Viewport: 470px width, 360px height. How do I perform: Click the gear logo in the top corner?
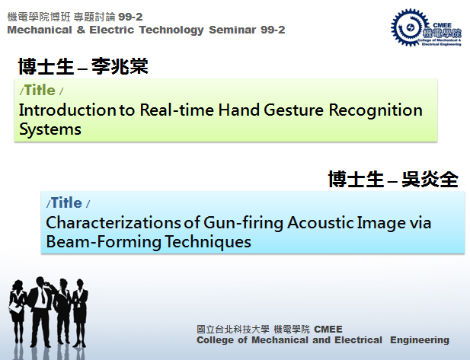[410, 27]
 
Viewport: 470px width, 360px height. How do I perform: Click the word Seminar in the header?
[232, 30]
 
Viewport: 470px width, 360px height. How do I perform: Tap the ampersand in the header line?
[81, 30]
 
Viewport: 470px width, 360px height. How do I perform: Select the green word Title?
[40, 90]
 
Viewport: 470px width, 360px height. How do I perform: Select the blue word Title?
[66, 202]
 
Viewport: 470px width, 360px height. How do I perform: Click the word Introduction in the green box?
[68, 110]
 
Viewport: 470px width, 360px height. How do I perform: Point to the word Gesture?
[294, 110]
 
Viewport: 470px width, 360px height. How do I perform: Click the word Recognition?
[376, 111]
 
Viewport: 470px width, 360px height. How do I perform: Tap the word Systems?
[50, 130]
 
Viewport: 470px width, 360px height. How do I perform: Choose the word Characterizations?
[114, 222]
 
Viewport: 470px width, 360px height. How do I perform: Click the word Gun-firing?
[243, 224]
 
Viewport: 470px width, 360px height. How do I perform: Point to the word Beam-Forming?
[104, 242]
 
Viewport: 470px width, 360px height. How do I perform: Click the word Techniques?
[208, 242]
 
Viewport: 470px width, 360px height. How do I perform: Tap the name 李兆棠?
[120, 66]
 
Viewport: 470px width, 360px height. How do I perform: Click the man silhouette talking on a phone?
[40, 311]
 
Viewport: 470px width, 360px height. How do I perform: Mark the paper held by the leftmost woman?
[15, 307]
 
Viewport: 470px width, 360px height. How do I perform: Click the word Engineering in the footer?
[420, 340]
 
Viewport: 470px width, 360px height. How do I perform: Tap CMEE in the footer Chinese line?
[328, 330]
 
